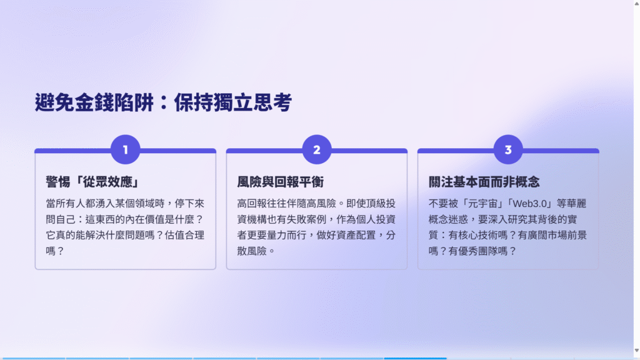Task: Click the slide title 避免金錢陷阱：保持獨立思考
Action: pyautogui.click(x=163, y=102)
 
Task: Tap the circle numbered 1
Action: pyautogui.click(x=125, y=149)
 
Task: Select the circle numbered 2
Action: pyautogui.click(x=317, y=149)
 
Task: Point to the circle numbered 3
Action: pyautogui.click(x=508, y=149)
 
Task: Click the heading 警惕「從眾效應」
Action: pyautogui.click(x=92, y=182)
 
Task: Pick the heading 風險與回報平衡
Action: pyautogui.click(x=281, y=182)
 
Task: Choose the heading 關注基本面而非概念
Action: pyautogui.click(x=484, y=182)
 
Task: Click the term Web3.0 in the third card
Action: pyautogui.click(x=530, y=204)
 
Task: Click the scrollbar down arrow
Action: pyautogui.click(x=637, y=351)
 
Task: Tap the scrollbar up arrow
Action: pyautogui.click(x=637, y=3)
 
